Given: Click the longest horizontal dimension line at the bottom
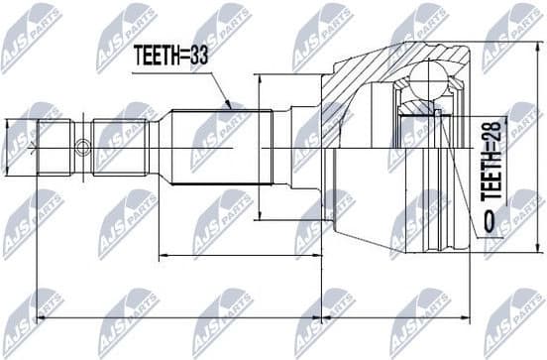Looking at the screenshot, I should [x=248, y=319].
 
